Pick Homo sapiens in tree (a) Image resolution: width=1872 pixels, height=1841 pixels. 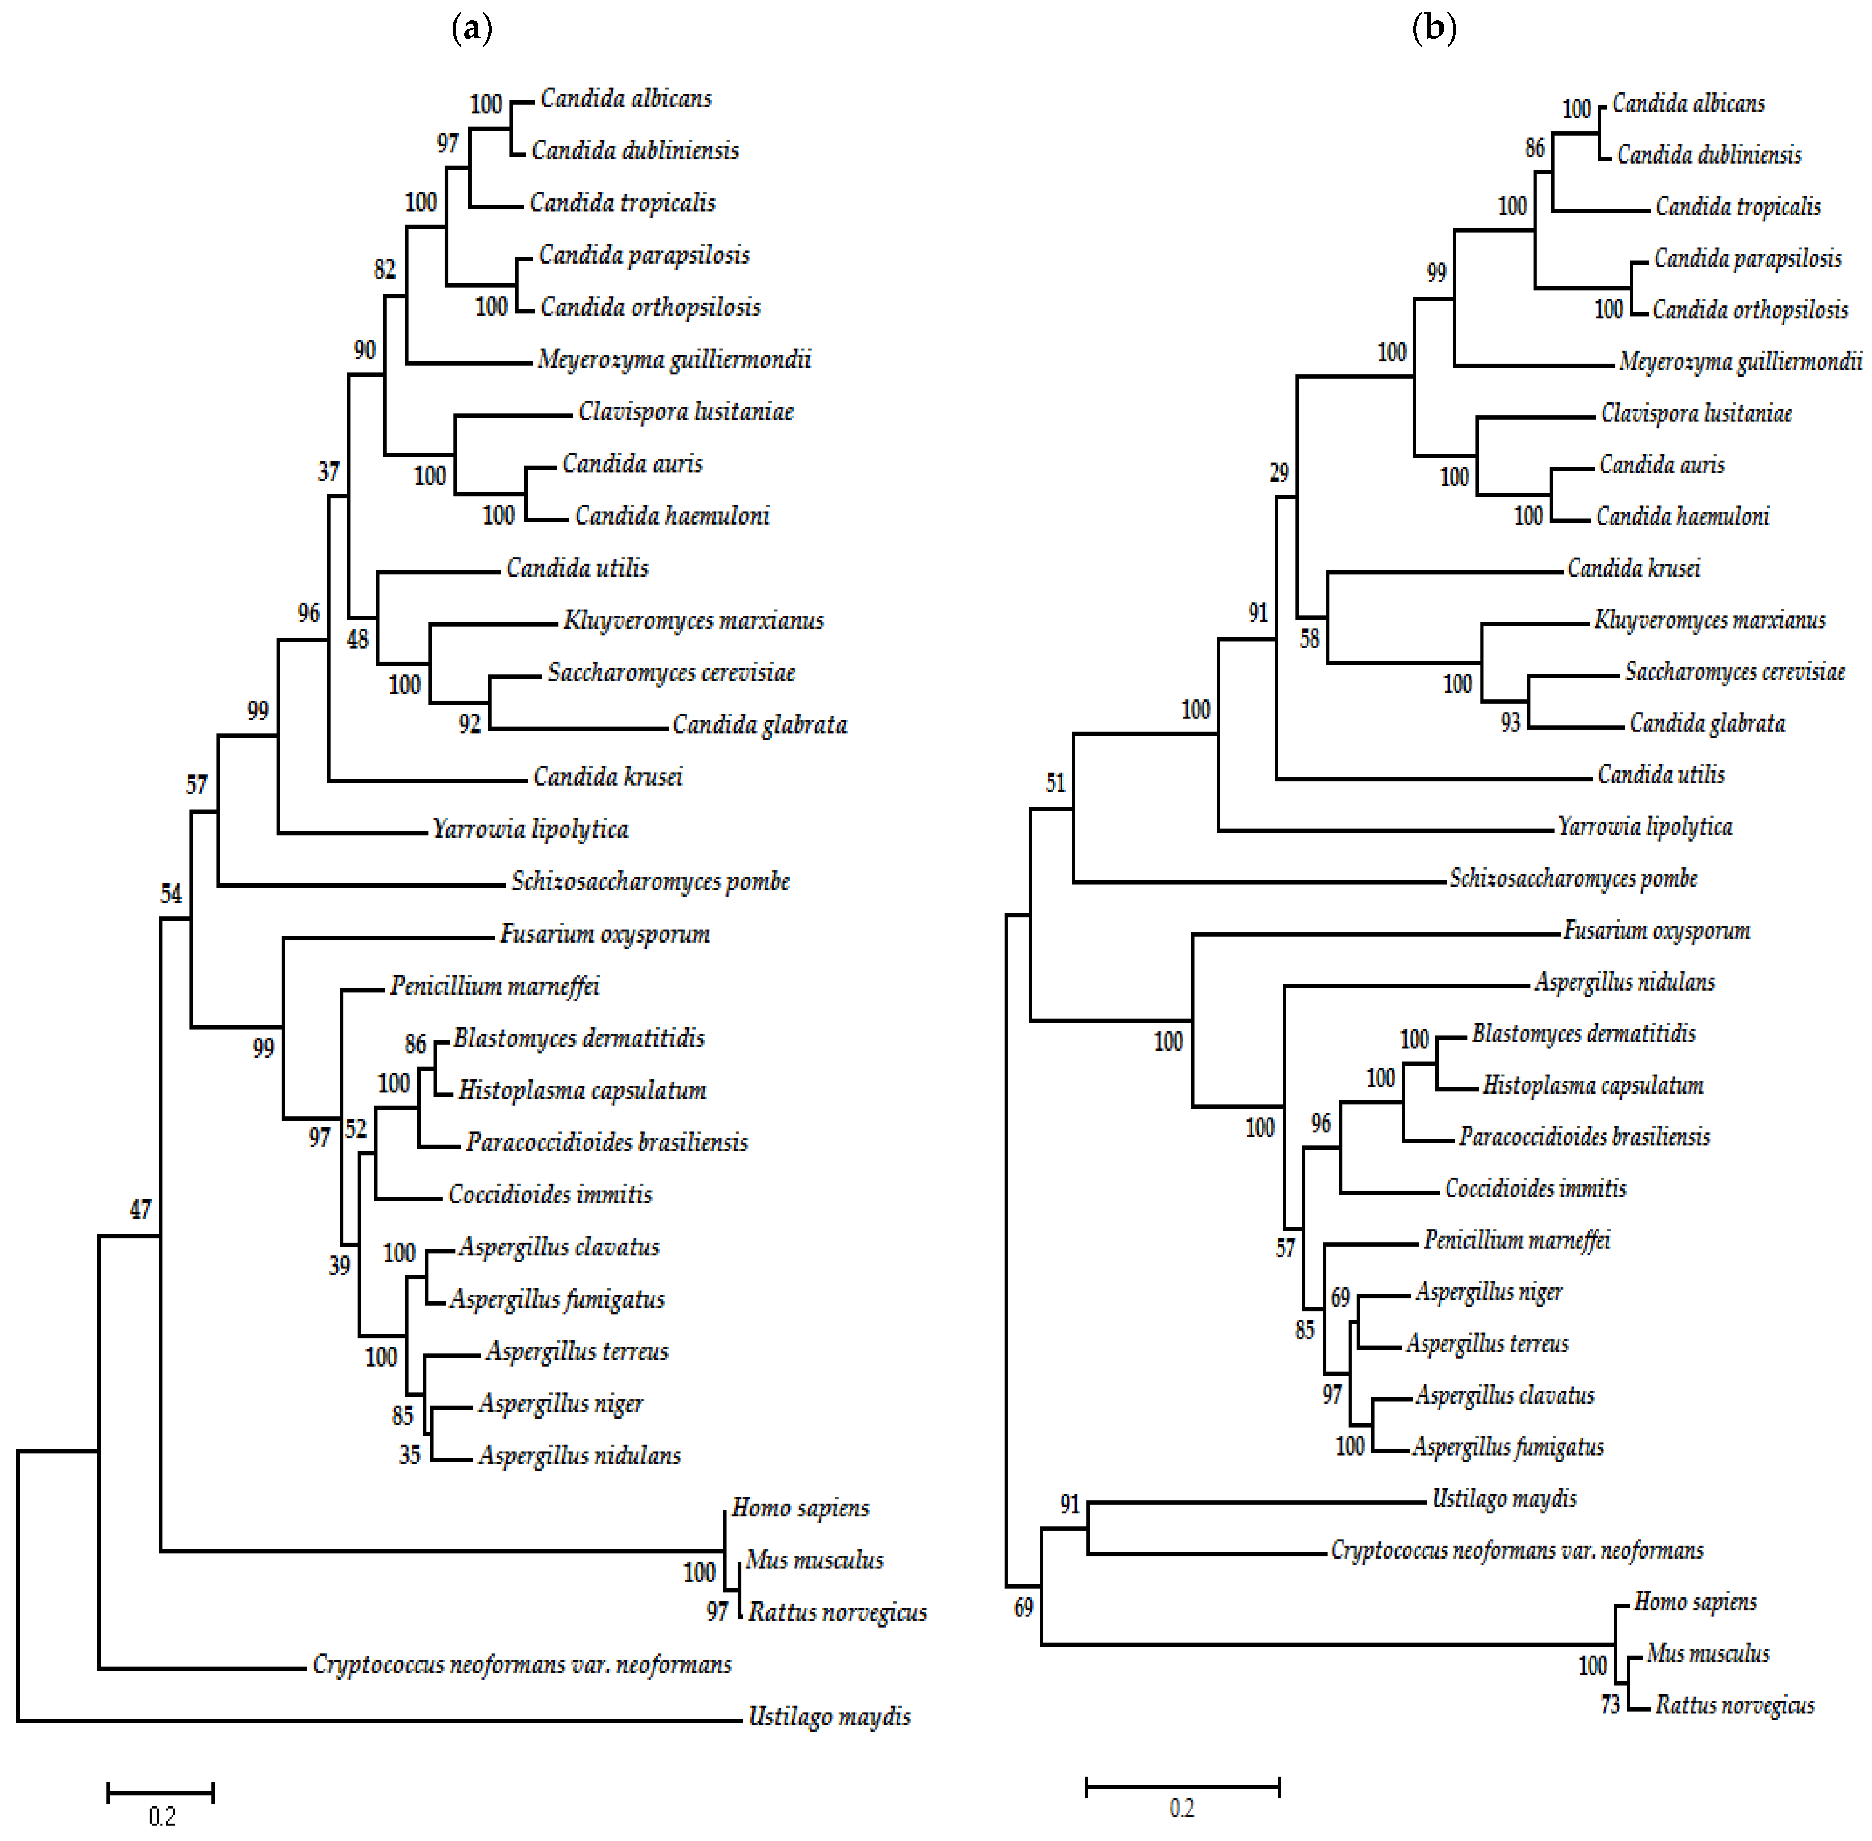pos(800,1508)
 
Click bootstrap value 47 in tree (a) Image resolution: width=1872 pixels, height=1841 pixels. pos(140,1209)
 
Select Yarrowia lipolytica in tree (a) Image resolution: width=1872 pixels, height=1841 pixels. pos(530,829)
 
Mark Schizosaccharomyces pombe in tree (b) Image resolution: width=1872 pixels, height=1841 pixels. pos(1573,878)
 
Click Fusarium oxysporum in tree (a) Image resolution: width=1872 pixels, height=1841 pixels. pos(604,933)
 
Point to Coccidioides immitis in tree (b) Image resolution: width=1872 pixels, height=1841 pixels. pos(1535,1188)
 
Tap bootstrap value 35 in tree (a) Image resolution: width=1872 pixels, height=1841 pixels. pos(410,1455)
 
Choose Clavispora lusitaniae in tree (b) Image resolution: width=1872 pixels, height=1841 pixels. pos(1696,413)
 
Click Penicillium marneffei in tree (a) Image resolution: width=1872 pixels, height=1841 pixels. pos(494,985)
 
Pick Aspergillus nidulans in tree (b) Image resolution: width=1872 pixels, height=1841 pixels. pos(1624,982)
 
